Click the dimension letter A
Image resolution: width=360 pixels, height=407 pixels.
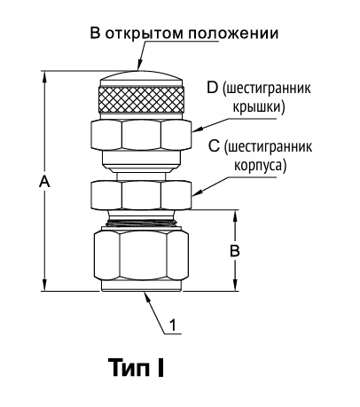(44, 181)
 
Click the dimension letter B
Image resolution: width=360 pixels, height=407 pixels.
(235, 251)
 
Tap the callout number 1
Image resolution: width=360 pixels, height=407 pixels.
(173, 325)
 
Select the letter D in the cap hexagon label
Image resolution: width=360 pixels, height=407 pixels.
(212, 88)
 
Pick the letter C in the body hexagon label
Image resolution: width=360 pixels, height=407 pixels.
(214, 146)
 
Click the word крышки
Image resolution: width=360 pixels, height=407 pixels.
(259, 106)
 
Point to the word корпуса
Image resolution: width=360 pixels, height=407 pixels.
(260, 165)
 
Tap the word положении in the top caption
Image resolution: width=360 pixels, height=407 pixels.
(233, 33)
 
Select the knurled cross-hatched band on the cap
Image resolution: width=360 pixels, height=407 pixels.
(141, 99)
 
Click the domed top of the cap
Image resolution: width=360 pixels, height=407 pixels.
(141, 78)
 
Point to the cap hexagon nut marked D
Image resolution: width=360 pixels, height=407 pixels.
(141, 135)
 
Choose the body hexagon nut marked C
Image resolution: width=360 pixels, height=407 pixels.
(141, 195)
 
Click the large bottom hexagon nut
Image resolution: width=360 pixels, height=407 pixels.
(141, 255)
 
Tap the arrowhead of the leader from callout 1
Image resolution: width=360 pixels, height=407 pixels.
(146, 296)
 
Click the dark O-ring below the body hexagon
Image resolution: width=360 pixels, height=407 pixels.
(141, 223)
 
